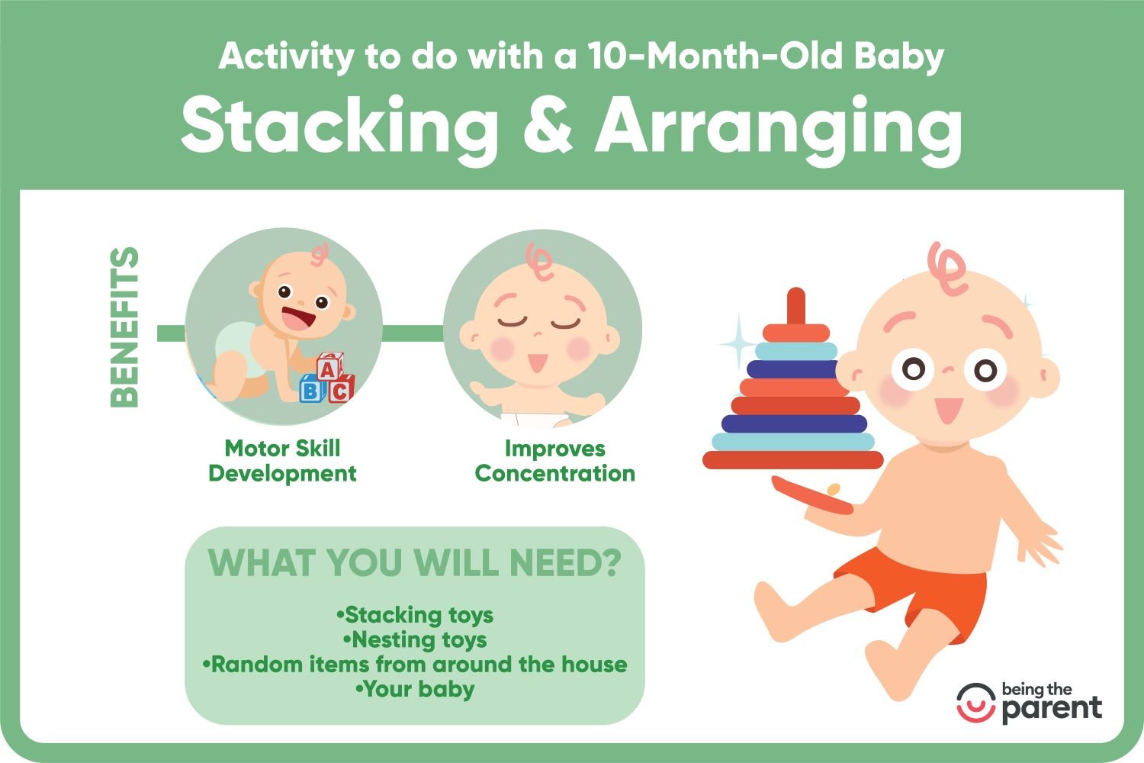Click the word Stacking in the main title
pyautogui.click(x=339, y=127)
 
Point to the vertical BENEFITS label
pyautogui.click(x=124, y=327)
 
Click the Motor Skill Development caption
pyautogui.click(x=282, y=461)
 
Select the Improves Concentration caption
pyautogui.click(x=555, y=461)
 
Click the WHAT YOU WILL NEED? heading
pyautogui.click(x=415, y=562)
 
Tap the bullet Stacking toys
pyautogui.click(x=415, y=615)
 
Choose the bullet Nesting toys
pyautogui.click(x=415, y=640)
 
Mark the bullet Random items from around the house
pyautogui.click(x=415, y=665)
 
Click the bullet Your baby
pyautogui.click(x=415, y=690)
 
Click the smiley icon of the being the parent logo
pyautogui.click(x=976, y=703)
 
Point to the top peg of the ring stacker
pyautogui.click(x=795, y=306)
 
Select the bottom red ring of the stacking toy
pyautogui.click(x=792, y=460)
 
